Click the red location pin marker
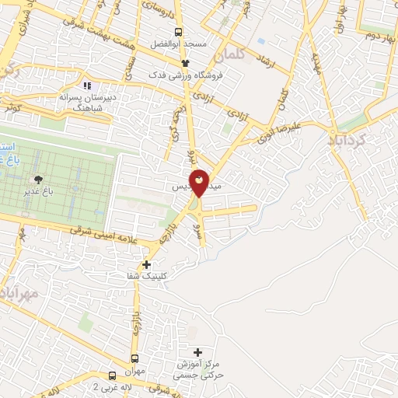coord(199,183)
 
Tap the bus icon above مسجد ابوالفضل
coord(180,33)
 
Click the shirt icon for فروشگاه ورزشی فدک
coord(185,64)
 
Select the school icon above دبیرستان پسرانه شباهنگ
coord(87,86)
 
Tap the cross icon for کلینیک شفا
coord(147,265)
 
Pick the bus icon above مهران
coord(134,359)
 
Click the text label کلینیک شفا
coord(148,277)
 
